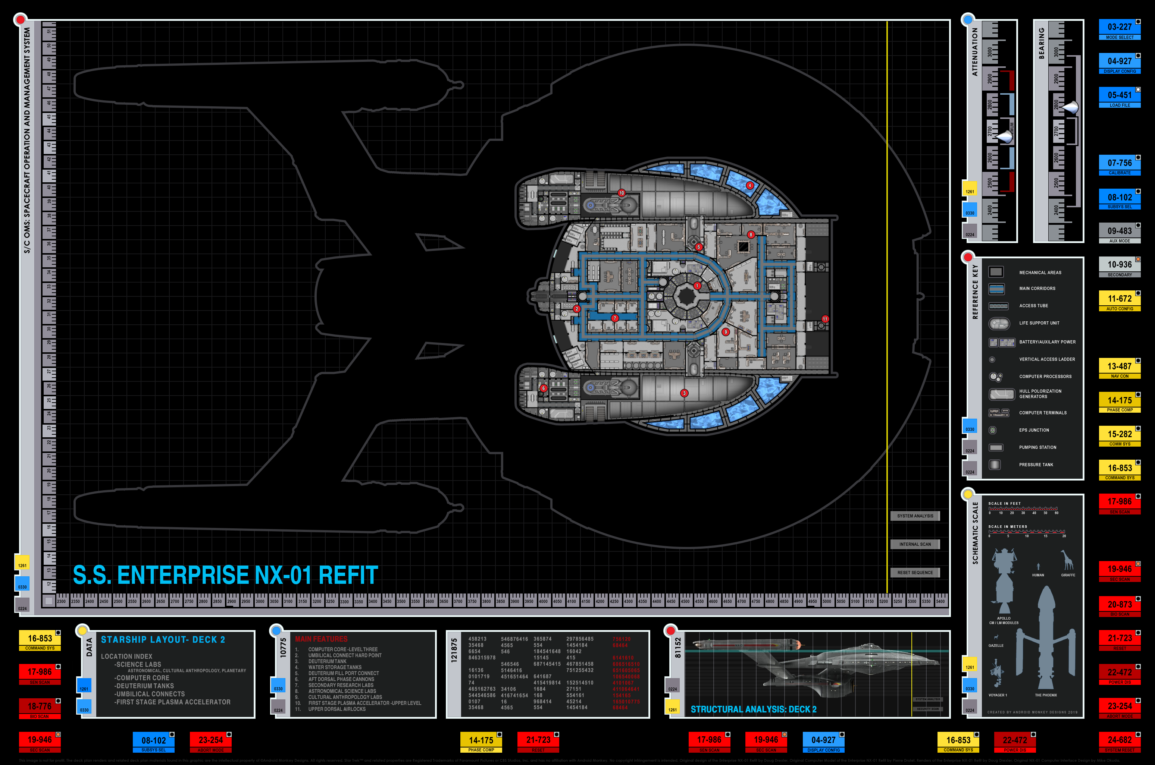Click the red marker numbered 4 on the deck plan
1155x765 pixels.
click(x=750, y=185)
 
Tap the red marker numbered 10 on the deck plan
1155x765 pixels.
click(x=622, y=193)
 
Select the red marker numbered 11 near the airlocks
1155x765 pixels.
click(x=825, y=319)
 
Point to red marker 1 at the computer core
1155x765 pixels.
click(x=697, y=286)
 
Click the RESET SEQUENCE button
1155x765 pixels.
click(x=915, y=573)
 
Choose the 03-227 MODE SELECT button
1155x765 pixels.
click(x=1119, y=29)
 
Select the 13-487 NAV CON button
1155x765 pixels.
click(x=1119, y=368)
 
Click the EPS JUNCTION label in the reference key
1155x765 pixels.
click(x=1034, y=430)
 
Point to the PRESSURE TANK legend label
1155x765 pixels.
click(x=1036, y=465)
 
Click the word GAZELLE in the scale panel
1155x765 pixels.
click(x=996, y=645)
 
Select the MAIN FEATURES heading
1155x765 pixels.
click(x=321, y=639)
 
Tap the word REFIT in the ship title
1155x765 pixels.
click(x=348, y=575)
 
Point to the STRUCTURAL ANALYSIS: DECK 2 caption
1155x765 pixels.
click(x=753, y=709)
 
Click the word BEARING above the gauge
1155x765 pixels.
click(x=1041, y=43)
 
